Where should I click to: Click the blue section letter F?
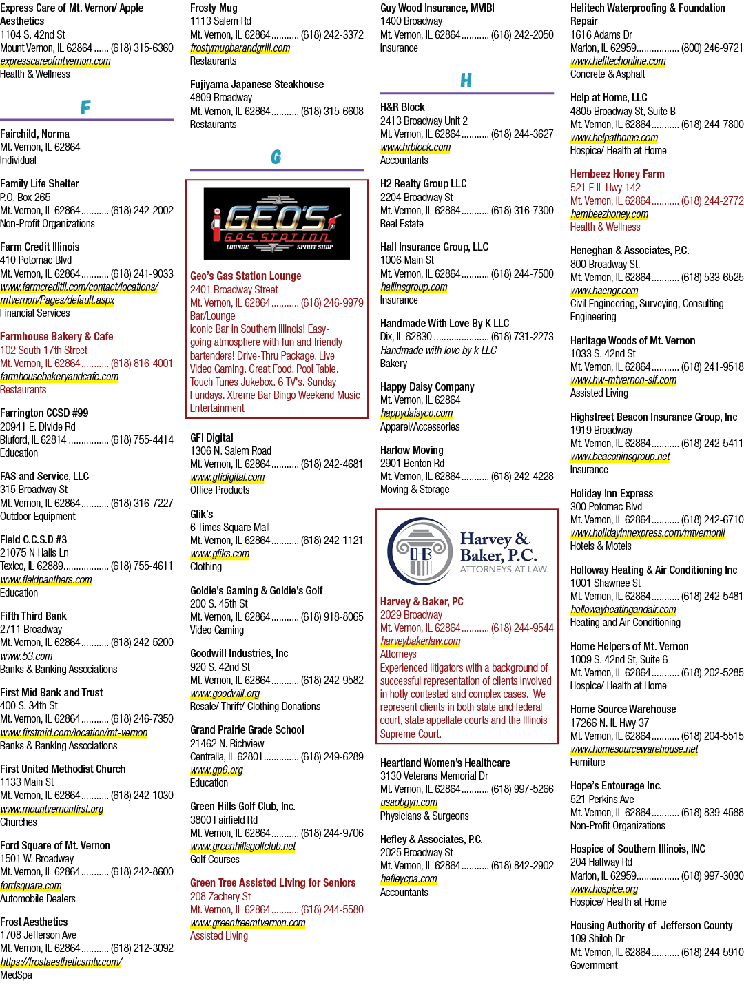[85, 107]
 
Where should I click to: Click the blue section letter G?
[276, 156]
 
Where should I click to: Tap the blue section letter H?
[466, 81]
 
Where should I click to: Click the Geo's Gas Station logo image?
[276, 223]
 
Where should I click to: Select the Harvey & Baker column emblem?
[420, 551]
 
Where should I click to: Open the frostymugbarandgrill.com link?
[240, 48]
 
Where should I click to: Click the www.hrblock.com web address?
[415, 147]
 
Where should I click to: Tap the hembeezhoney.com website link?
[610, 214]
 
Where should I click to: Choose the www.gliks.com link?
[220, 554]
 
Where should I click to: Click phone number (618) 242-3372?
[332, 35]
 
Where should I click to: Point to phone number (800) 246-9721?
[712, 48]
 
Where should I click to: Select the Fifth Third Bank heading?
[33, 616]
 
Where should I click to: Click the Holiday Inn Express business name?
[612, 494]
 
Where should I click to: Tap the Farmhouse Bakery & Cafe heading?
[56, 337]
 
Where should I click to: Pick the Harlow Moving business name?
[411, 450]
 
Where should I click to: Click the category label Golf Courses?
[214, 860]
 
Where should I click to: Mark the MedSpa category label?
[16, 975]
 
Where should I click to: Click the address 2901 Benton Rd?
[412, 463]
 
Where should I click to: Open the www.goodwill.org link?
[225, 694]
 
